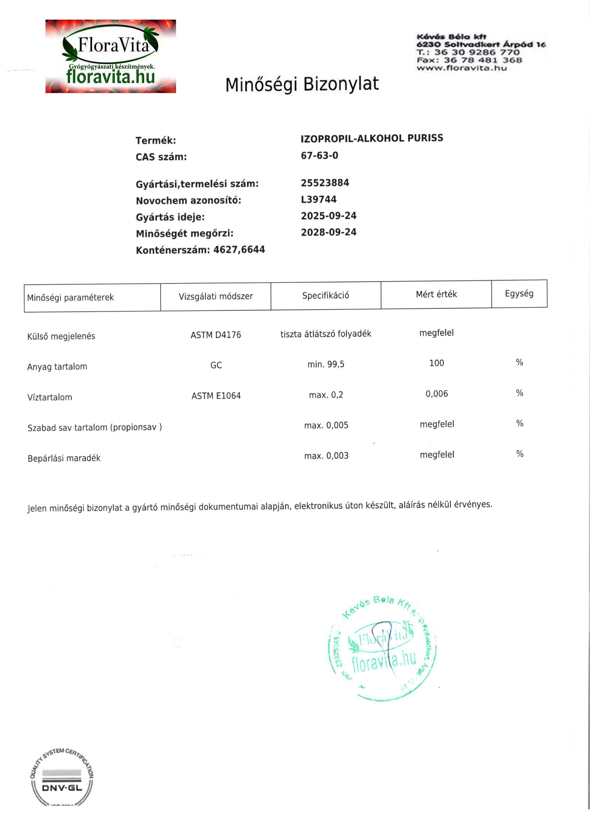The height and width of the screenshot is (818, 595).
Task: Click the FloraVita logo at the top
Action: [x=110, y=56]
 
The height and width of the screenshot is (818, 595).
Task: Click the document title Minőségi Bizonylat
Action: [x=302, y=84]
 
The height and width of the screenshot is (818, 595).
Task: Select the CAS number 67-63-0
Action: [x=319, y=155]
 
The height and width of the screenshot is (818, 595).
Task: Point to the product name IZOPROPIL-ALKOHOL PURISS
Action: [x=372, y=138]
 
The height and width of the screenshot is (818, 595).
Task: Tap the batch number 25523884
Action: [x=325, y=183]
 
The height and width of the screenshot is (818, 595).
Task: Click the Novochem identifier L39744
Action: [x=318, y=199]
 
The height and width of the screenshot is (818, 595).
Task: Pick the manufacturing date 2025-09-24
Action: [x=328, y=216]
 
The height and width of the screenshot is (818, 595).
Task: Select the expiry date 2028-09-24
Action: [x=328, y=232]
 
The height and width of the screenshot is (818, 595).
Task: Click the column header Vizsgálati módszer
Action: [x=215, y=296]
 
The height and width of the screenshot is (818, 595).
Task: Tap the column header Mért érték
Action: [x=436, y=294]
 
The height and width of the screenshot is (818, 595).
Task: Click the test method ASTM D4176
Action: [x=215, y=335]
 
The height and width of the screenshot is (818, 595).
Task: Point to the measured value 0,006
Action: [x=436, y=394]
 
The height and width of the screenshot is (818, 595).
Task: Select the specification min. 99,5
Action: [x=325, y=364]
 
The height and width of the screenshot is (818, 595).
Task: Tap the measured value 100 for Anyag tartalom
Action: [x=436, y=363]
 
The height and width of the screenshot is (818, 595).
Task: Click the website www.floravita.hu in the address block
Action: [x=462, y=68]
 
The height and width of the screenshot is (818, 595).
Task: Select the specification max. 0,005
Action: [x=326, y=425]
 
